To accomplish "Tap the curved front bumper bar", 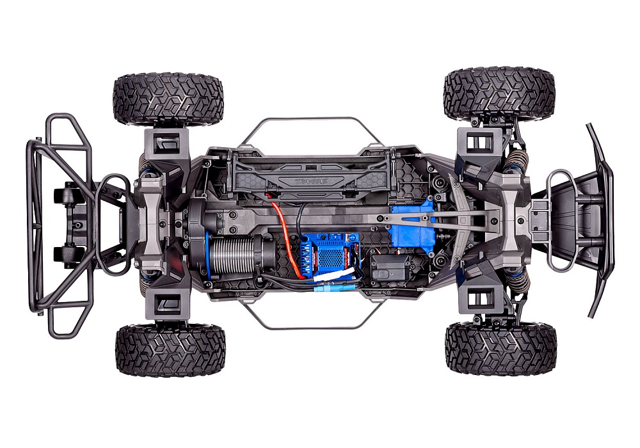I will [602, 218].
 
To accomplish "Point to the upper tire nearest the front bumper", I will [499, 95].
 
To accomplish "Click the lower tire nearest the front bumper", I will [500, 348].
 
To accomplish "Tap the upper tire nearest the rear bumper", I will [168, 99].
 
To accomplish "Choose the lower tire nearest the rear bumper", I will [170, 349].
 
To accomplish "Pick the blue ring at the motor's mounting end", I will [210, 252].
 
